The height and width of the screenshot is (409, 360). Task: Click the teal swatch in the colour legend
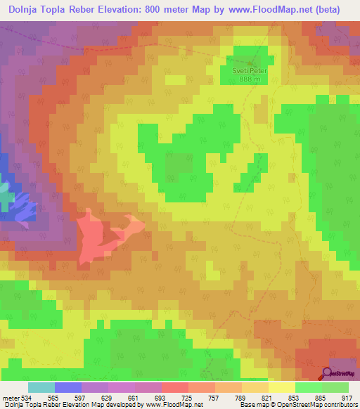tap(41, 387)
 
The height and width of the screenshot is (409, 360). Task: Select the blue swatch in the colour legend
tap(68, 387)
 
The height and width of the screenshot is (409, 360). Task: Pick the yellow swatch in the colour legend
tap(281, 387)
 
